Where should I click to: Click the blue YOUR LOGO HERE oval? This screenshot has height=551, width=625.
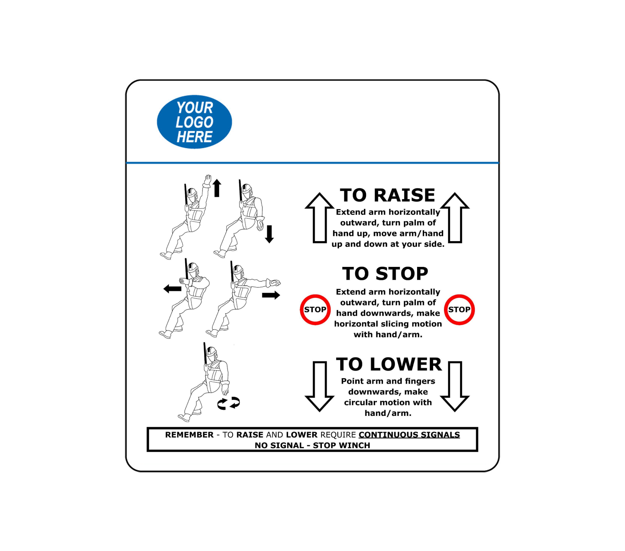coord(194,122)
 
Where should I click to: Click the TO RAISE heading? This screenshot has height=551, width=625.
coord(387,195)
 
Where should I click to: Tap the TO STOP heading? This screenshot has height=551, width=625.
coord(385,274)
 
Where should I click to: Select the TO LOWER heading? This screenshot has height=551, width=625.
coord(389,364)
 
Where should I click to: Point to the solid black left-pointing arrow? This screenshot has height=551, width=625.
coord(172,289)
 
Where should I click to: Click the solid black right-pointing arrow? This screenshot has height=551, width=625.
coord(271,295)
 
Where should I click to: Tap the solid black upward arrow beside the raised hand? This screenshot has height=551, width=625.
coord(217,188)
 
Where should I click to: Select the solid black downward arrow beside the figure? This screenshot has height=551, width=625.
coord(269,234)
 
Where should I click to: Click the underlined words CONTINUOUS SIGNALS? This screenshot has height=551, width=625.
coord(409,435)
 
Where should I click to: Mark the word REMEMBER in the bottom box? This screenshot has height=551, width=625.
coord(189,435)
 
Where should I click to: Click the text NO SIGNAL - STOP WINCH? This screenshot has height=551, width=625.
coord(312,445)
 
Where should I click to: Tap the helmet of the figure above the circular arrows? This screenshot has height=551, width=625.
coord(212,353)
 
